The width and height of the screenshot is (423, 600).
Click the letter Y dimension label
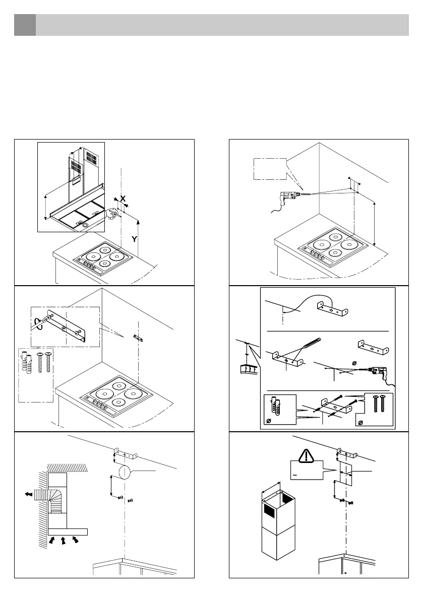click(x=134, y=240)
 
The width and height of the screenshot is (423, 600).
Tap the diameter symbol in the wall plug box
click(x=269, y=421)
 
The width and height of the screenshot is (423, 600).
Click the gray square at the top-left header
click(x=25, y=25)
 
